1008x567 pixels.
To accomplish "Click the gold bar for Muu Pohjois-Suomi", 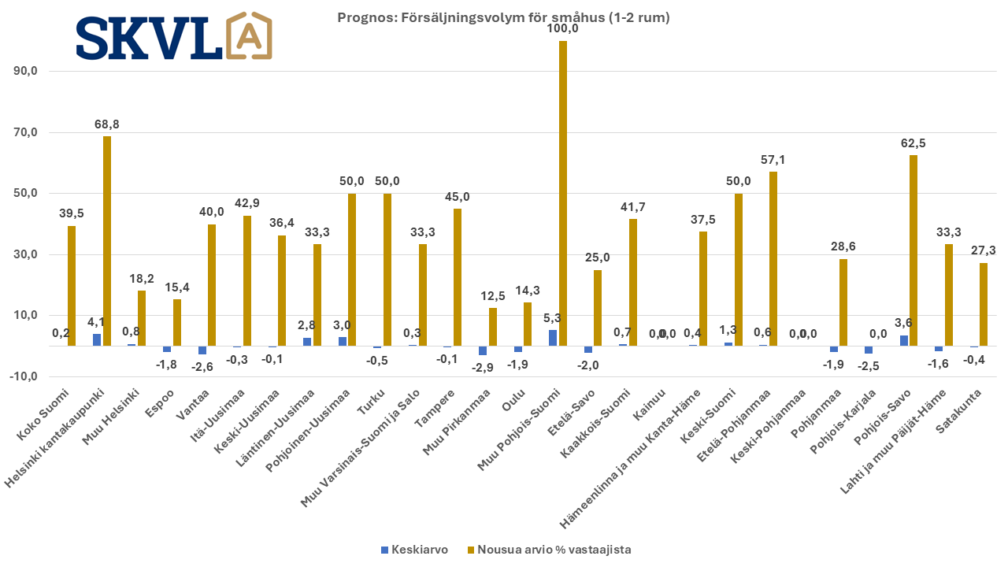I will [x=563, y=193].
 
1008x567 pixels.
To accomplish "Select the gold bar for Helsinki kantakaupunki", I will [x=106, y=241].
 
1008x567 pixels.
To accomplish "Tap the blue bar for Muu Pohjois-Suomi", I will [x=553, y=338].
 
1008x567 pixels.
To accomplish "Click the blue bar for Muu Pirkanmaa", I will [x=483, y=350].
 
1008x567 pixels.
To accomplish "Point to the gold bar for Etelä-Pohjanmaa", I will [x=773, y=259].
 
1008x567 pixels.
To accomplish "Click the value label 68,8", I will [x=106, y=124].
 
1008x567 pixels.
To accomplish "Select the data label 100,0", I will [x=563, y=29].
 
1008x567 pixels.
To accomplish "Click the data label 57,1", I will [x=773, y=160].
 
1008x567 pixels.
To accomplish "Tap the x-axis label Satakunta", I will [x=962, y=405].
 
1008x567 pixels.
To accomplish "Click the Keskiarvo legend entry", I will [x=414, y=550].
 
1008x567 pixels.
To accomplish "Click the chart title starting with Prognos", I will [x=503, y=17].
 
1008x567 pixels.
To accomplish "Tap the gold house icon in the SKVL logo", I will [x=249, y=36].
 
